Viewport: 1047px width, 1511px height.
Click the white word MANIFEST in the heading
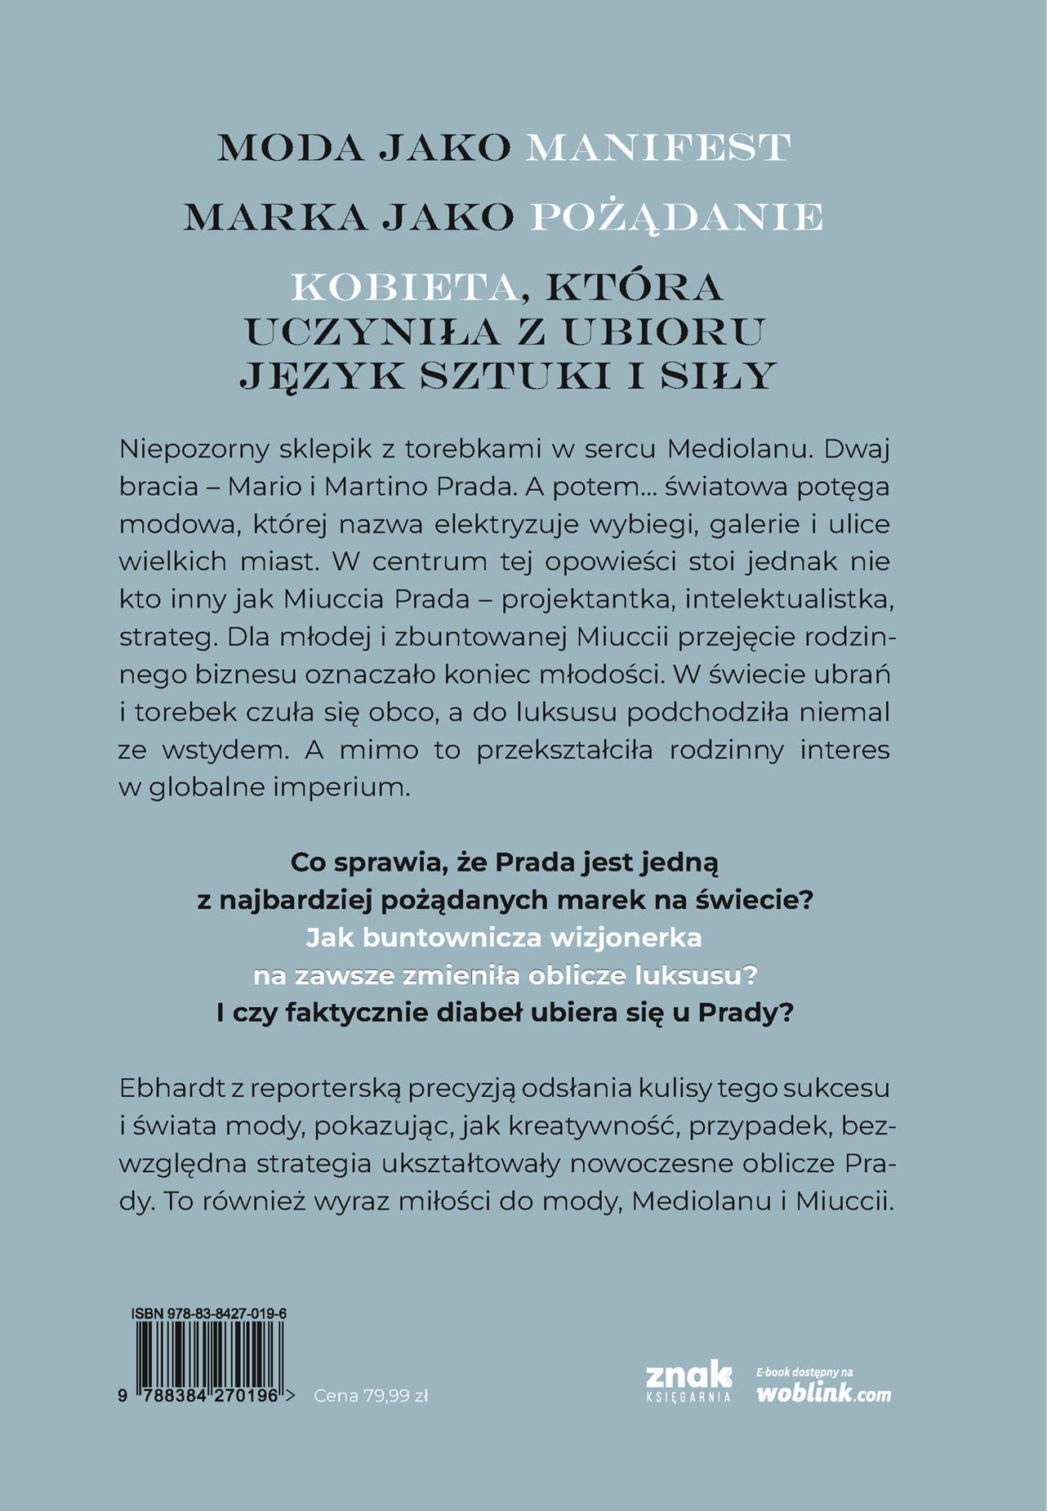(658, 148)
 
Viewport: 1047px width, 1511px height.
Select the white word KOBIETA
(405, 287)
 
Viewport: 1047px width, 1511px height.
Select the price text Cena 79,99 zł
(371, 1396)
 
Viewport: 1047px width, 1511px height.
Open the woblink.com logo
(824, 1393)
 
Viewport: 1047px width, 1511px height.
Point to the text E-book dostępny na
(805, 1372)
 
